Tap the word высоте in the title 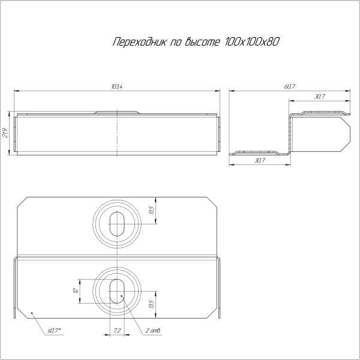click(207, 43)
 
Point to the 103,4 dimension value click(117, 87)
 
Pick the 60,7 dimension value click(290, 87)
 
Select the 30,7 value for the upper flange click(319, 97)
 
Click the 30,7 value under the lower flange click(260, 161)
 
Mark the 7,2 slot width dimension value click(117, 331)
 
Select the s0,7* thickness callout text click(55, 331)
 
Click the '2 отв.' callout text click(152, 331)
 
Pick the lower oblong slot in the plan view click(115, 290)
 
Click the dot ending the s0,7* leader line click(32, 313)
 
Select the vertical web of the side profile click(289, 133)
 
